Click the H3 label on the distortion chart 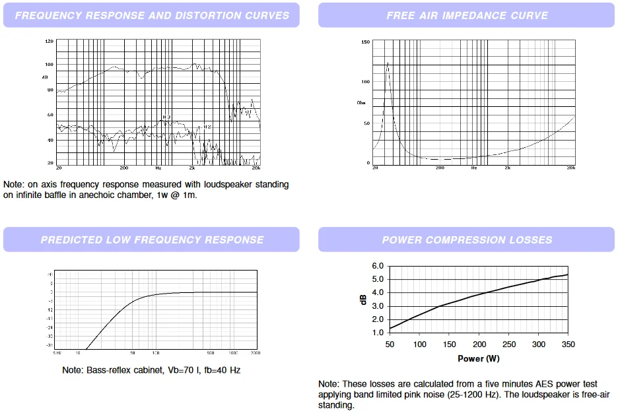click(166, 117)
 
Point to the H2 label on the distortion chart click(207, 127)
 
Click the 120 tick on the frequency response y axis click(49, 41)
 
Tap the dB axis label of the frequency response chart click(45, 77)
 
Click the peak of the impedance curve click(387, 63)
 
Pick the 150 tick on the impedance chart click(366, 42)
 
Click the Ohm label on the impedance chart click(360, 103)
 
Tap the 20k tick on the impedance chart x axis click(572, 168)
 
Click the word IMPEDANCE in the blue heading click(467, 15)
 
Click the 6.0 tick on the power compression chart click(378, 266)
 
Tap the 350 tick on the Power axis click(568, 344)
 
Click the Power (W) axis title click(479, 359)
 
